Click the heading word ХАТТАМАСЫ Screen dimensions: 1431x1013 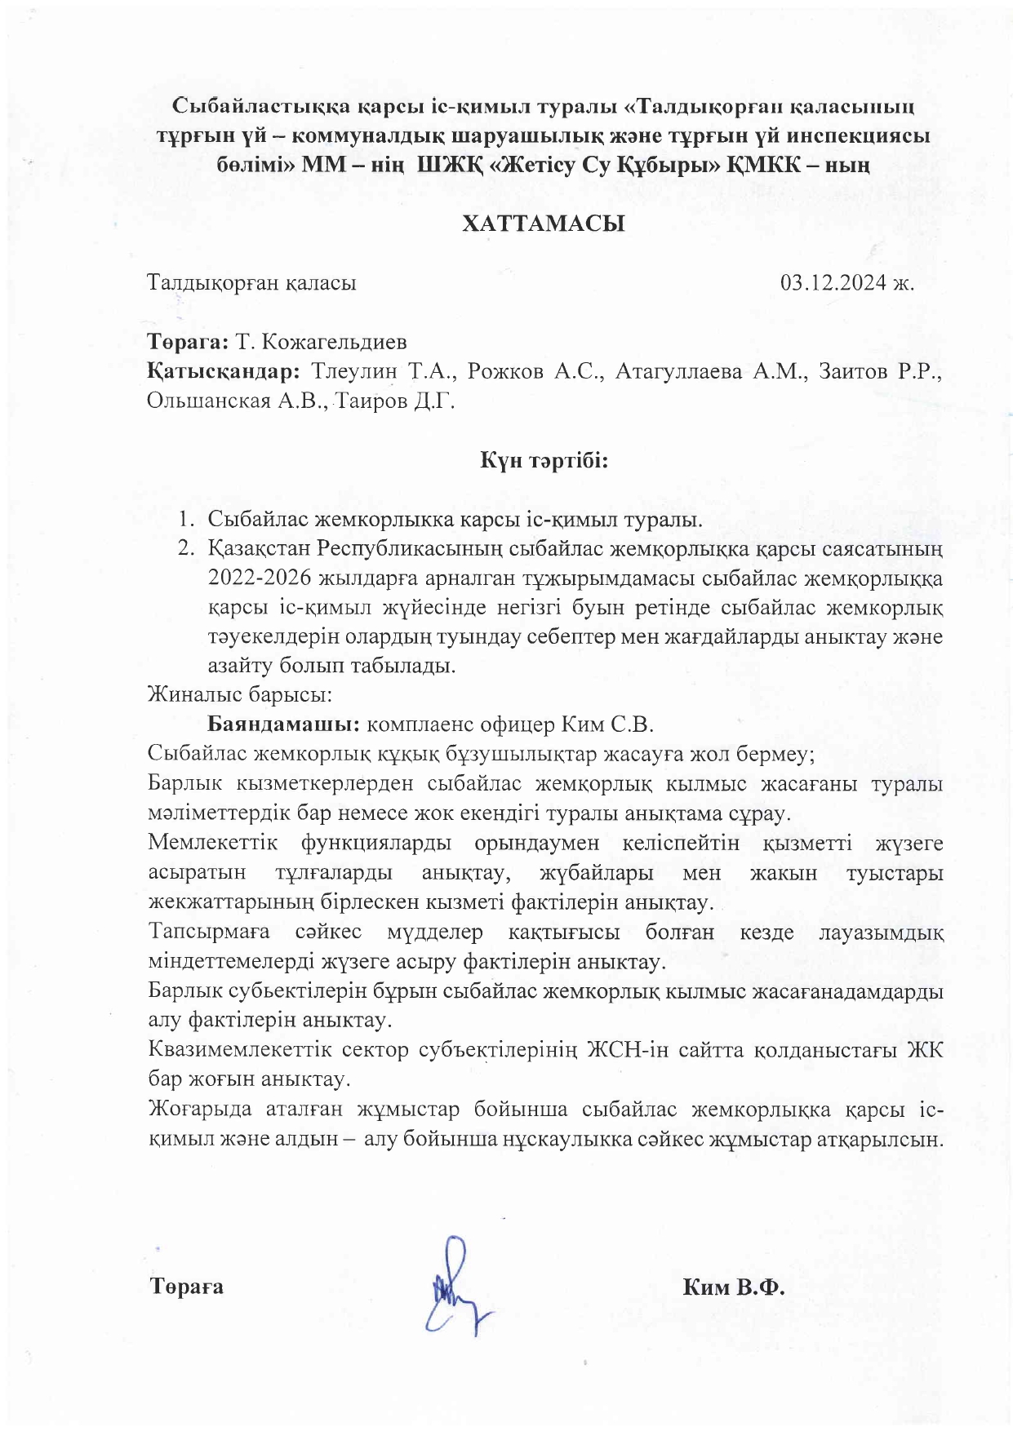click(x=544, y=224)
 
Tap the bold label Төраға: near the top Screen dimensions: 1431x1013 click(x=188, y=341)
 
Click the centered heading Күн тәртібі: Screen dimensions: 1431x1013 click(x=544, y=461)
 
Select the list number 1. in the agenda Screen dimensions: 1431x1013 click(x=187, y=519)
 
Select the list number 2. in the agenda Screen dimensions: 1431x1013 click(x=187, y=548)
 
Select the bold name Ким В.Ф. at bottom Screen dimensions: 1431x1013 click(x=733, y=1287)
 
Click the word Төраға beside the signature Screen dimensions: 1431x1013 click(x=187, y=1287)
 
